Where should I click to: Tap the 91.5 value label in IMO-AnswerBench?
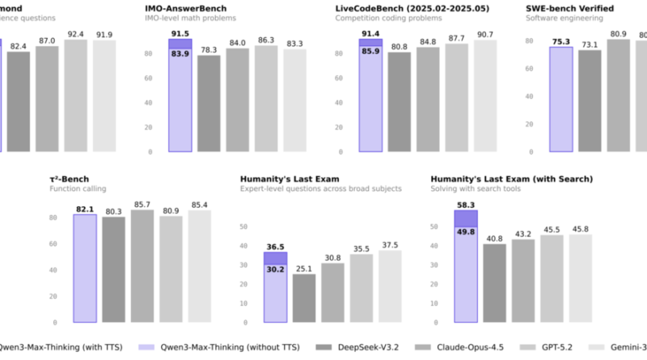pos(180,33)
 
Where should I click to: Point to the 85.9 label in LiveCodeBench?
pos(370,50)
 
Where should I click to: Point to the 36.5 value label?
pos(277,247)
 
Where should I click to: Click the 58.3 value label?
pos(466,205)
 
